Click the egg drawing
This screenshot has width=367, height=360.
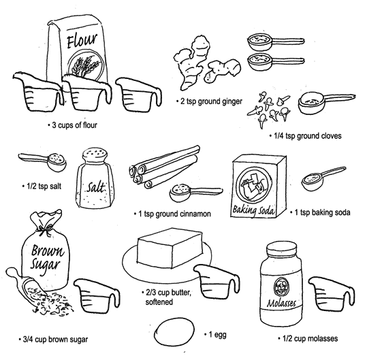[x=174, y=332]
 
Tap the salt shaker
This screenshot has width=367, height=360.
[x=95, y=178]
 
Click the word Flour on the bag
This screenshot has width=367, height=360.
[x=82, y=41]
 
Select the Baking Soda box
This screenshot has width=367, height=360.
[x=259, y=186]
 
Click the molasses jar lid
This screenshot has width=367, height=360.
[x=281, y=250]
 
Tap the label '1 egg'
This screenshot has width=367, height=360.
[x=215, y=335]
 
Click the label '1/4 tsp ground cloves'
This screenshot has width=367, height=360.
[x=306, y=136]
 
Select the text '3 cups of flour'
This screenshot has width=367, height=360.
[x=72, y=125]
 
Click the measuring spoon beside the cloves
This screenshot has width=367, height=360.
[x=325, y=103]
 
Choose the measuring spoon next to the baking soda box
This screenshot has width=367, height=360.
[x=322, y=178]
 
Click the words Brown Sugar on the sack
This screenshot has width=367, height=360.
[x=47, y=257]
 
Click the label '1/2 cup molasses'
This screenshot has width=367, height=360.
[x=308, y=338]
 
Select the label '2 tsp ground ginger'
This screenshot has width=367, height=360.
[x=209, y=101]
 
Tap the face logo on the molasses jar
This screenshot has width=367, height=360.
[x=281, y=287]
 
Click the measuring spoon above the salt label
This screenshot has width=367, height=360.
[x=44, y=161]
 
